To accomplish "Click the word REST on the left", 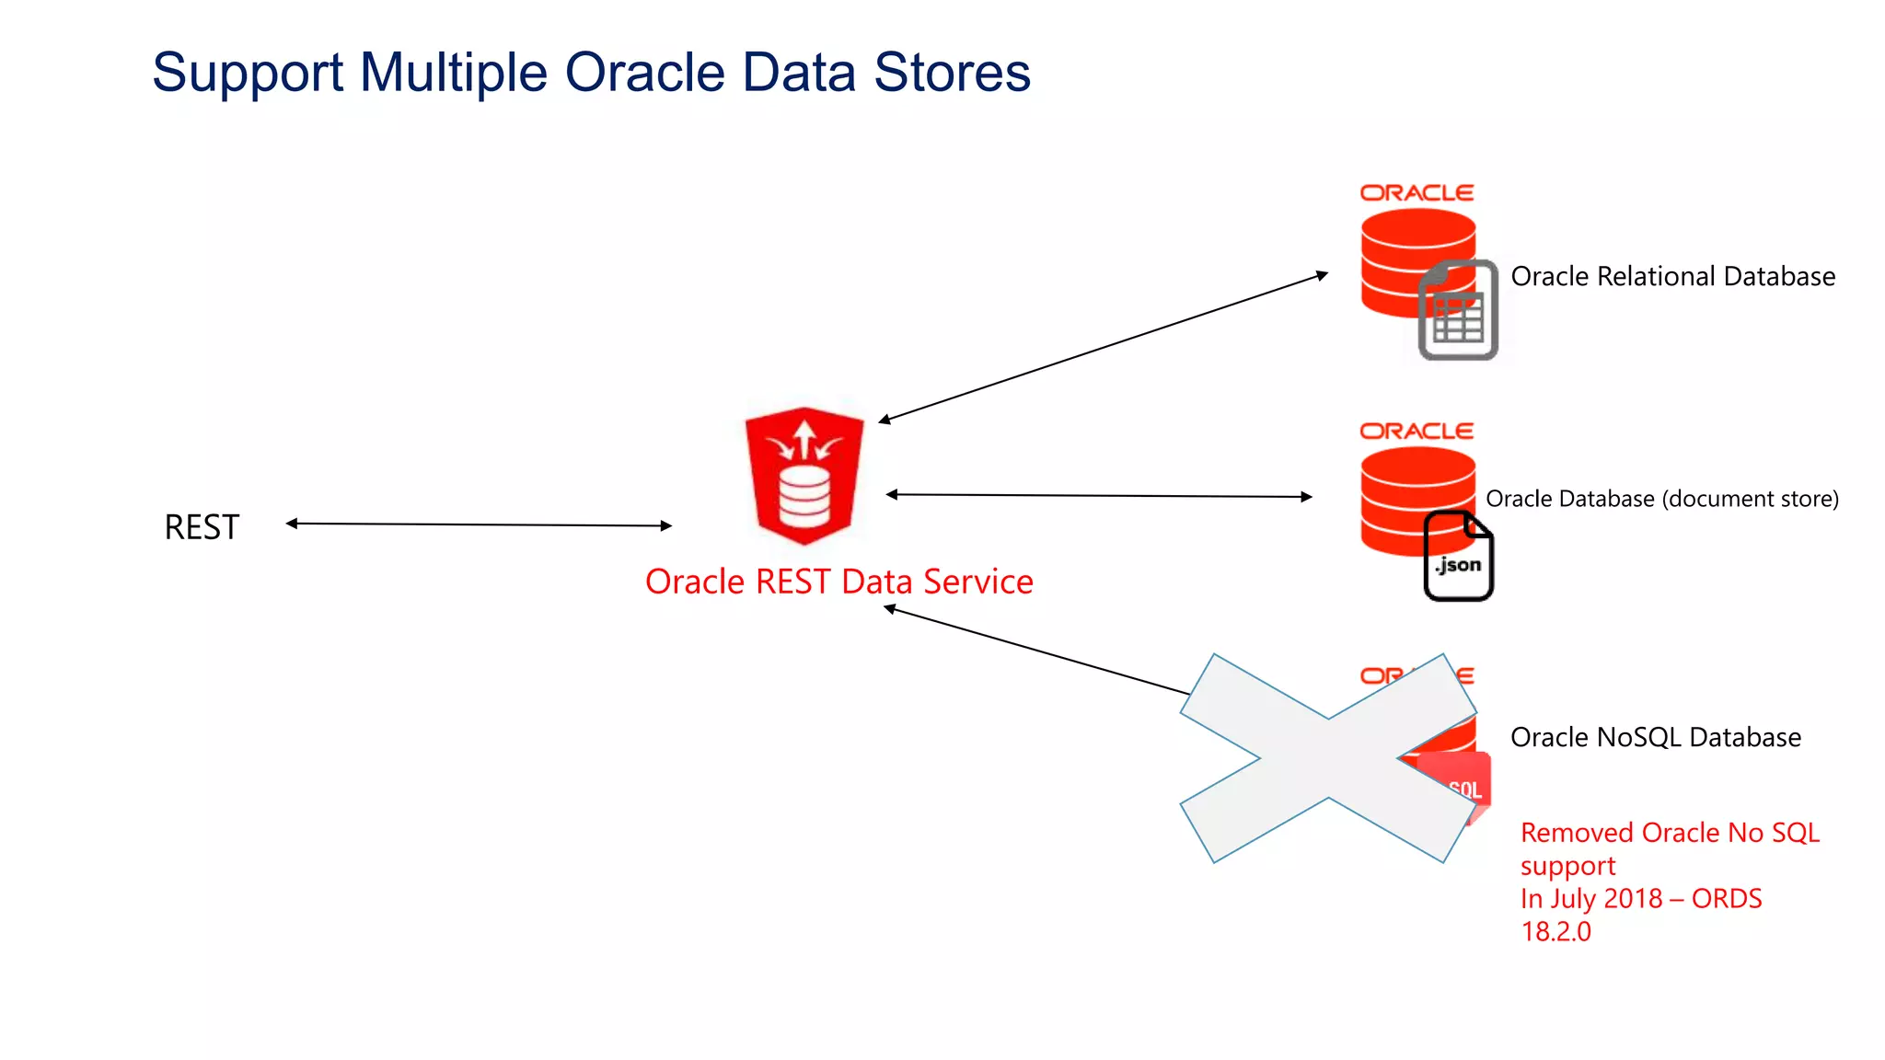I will [202, 527].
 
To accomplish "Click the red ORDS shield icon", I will [804, 476].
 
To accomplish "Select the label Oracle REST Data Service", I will [838, 582].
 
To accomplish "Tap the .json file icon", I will [1458, 557].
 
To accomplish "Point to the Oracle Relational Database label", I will [1672, 276].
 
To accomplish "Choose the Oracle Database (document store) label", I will [1661, 499].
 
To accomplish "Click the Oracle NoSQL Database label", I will [1655, 737].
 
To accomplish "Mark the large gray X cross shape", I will [1328, 758].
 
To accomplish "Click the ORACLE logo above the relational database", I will [1417, 193].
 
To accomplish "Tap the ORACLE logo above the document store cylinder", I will [1417, 432].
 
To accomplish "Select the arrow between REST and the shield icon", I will [479, 524].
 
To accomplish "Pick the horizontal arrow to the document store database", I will [1099, 496].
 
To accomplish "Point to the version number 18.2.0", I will [1555, 931].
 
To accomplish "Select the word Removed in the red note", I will [1577, 833].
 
